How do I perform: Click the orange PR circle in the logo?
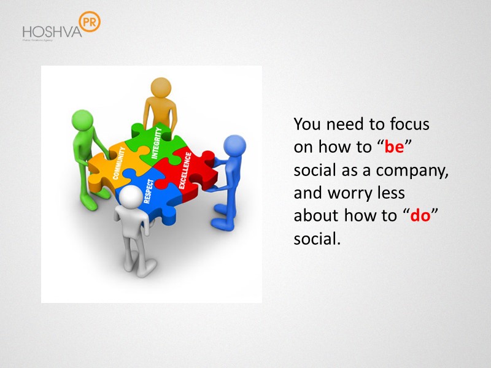pos(90,22)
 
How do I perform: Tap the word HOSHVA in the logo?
pos(52,31)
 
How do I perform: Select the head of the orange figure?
pos(160,87)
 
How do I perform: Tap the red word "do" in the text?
pos(420,216)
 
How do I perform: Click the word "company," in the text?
pos(417,171)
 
